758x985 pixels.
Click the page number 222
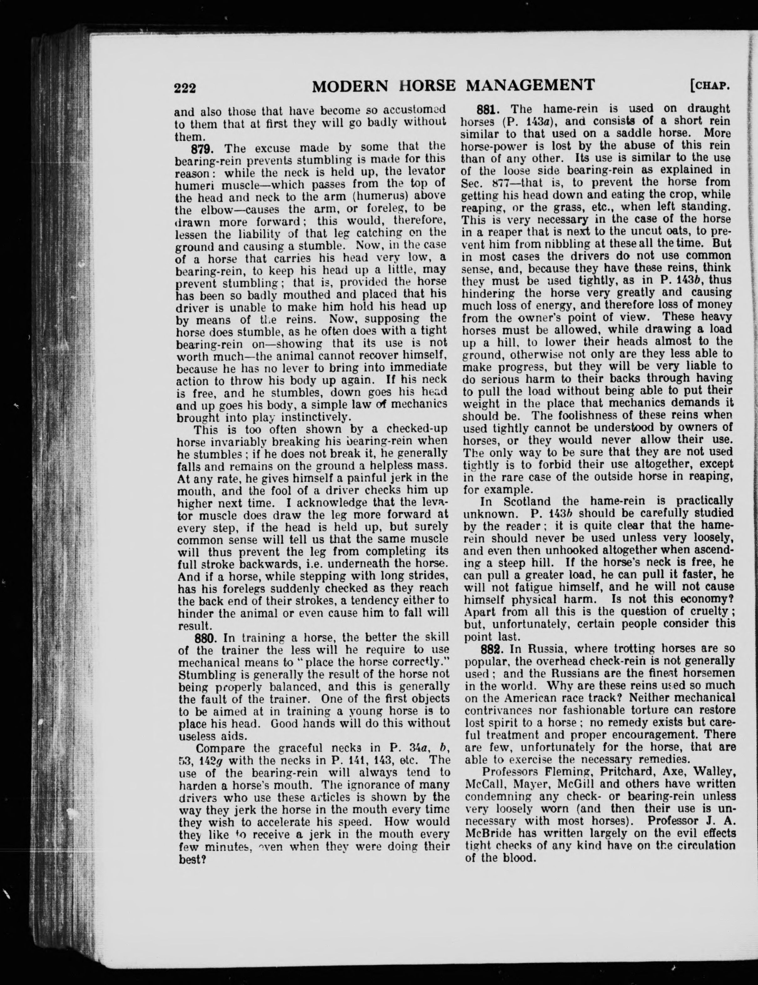185,87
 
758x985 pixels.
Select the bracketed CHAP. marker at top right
709,85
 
